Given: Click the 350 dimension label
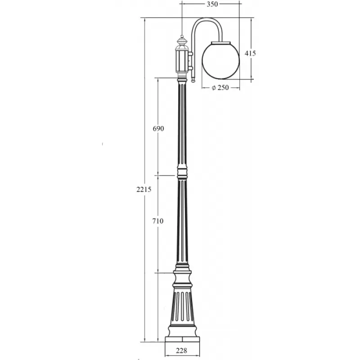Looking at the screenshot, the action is pyautogui.click(x=212, y=4).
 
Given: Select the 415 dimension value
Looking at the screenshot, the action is pyautogui.click(x=250, y=53).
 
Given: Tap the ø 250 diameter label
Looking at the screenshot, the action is pyautogui.click(x=220, y=87).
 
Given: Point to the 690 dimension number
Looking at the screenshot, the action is pyautogui.click(x=158, y=129).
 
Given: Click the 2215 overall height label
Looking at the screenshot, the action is pyautogui.click(x=144, y=189).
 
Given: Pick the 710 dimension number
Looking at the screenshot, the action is pyautogui.click(x=158, y=221).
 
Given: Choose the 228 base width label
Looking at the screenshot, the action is pyautogui.click(x=182, y=351).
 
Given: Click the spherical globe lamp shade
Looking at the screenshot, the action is pyautogui.click(x=220, y=61).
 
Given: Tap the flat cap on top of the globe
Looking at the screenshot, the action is pyautogui.click(x=220, y=43).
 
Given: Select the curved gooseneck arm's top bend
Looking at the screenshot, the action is pyautogui.click(x=207, y=19).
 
